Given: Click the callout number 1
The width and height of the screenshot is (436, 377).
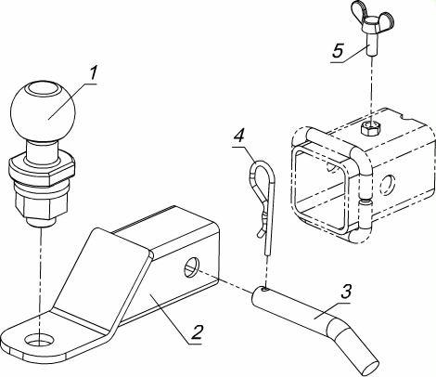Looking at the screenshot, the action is (93, 75).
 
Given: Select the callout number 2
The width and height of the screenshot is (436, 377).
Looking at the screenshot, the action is (197, 332).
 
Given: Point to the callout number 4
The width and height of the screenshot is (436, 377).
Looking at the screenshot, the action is (238, 137).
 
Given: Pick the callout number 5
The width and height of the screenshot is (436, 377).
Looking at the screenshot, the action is (338, 50).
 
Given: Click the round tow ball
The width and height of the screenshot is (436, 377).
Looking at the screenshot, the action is (43, 111).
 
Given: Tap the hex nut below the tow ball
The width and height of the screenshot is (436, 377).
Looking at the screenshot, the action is (42, 203).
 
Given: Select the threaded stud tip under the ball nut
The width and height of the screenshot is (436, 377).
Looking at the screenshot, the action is (41, 222).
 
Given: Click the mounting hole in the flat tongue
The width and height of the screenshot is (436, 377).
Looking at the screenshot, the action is (40, 340).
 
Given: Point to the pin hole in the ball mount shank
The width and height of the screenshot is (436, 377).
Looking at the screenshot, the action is (192, 266).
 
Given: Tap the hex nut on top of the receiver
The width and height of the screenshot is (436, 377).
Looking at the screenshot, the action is (371, 127).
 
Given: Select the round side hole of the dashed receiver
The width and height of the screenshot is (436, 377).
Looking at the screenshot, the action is (388, 185).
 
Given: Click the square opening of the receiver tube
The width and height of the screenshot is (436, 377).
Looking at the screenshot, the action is (321, 189).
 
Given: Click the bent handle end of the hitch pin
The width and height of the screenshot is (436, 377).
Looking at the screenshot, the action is (354, 344).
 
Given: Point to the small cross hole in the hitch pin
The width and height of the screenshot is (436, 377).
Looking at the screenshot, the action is (264, 289).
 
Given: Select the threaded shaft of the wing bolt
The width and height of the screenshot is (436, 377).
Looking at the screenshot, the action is (371, 44).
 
